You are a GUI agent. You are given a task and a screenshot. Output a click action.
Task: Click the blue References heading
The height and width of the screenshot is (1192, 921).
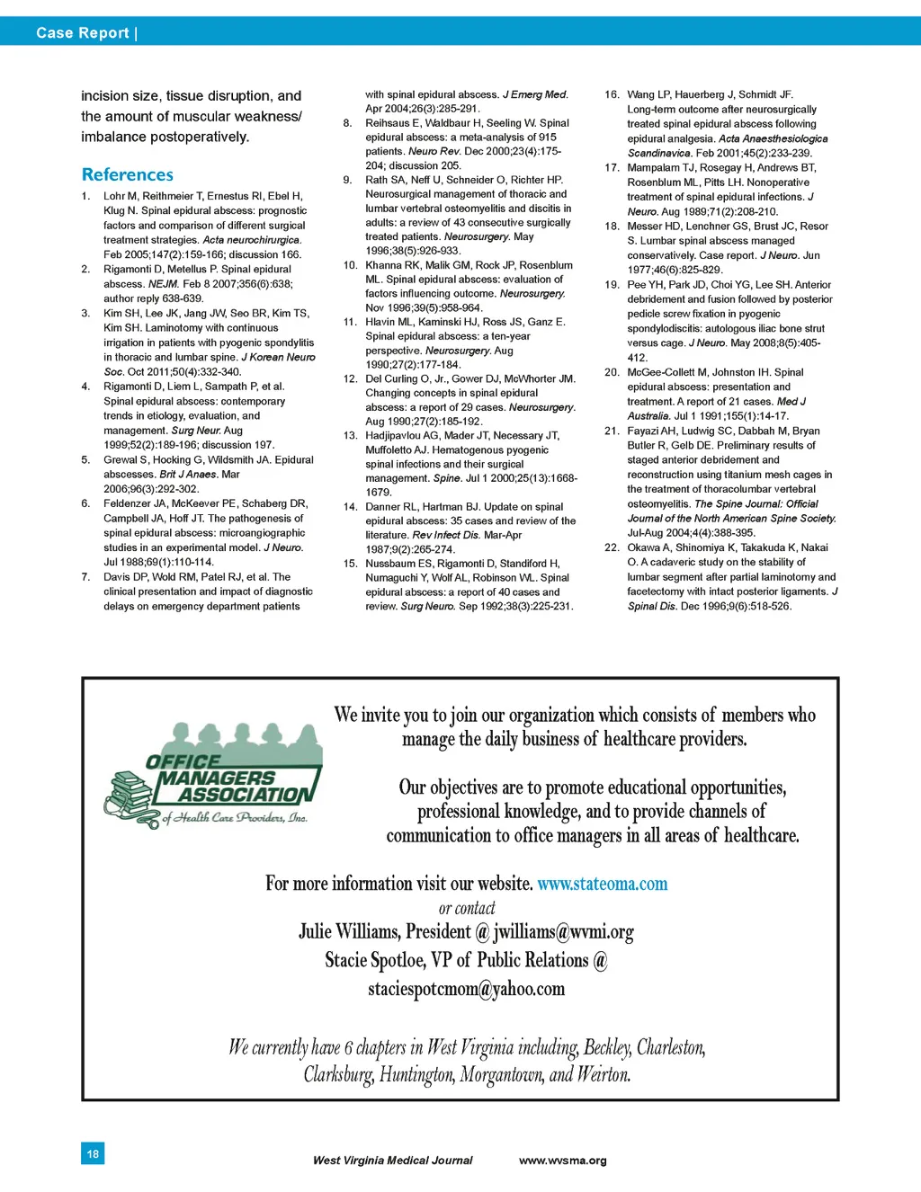[x=127, y=174]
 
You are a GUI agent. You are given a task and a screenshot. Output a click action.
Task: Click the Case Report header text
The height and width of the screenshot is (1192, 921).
[x=83, y=33]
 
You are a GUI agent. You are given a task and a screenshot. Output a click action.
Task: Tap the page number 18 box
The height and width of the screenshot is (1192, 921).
[x=93, y=1153]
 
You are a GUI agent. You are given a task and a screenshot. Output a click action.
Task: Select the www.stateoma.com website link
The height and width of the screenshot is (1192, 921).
[x=602, y=884]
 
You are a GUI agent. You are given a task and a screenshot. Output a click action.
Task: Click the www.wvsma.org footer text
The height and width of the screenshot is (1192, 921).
[x=562, y=1161]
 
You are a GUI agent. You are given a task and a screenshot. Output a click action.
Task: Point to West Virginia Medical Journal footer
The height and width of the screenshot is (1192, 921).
[x=392, y=1161]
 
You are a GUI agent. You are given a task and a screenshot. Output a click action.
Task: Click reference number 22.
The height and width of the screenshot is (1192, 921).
[x=612, y=547]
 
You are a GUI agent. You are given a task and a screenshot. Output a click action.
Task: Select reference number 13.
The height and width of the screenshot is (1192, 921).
[x=350, y=435]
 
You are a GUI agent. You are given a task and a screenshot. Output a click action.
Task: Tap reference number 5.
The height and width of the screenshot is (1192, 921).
[x=85, y=459]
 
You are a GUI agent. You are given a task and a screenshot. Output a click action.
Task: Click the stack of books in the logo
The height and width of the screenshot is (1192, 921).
[x=131, y=795]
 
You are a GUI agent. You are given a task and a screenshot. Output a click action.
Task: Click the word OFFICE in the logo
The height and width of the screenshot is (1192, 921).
[x=183, y=761]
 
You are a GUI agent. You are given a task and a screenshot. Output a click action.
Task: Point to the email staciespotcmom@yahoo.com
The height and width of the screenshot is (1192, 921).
[x=466, y=990]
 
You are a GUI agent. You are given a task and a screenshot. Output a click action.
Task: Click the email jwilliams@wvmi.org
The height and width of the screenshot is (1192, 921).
[x=563, y=932]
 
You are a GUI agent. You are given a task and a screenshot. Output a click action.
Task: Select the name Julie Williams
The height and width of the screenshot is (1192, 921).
[x=348, y=932]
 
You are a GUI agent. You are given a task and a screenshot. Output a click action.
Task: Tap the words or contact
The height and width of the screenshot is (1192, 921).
[x=466, y=908]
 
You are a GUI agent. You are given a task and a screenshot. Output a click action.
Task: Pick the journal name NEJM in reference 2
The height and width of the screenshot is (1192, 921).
[x=163, y=284]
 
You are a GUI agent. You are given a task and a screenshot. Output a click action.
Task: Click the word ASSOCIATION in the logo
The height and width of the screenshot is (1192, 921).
[x=245, y=795]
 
